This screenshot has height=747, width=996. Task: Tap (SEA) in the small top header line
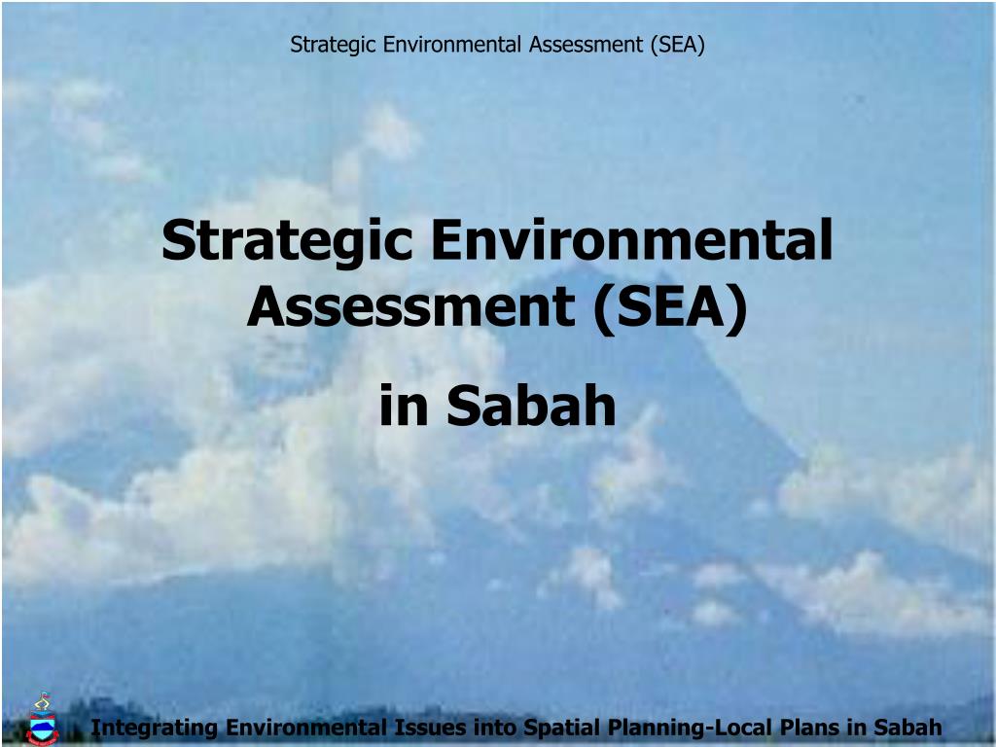(677, 44)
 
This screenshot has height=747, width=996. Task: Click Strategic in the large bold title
(288, 241)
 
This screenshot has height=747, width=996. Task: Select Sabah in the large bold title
(532, 407)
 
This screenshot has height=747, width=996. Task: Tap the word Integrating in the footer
(155, 728)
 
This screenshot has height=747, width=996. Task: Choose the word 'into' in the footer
(497, 728)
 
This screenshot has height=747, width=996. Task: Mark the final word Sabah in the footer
(908, 728)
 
